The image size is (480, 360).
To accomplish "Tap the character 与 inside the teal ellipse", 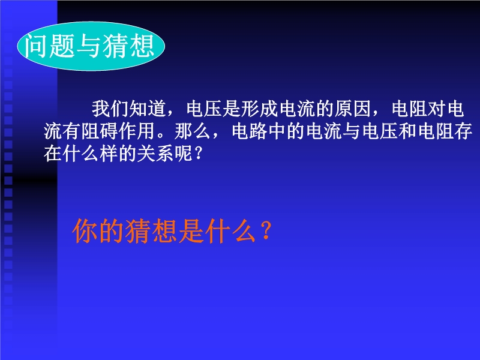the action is click(x=89, y=46).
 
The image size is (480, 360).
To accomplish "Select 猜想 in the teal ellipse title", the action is click(x=128, y=46).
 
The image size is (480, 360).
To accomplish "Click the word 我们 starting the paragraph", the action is click(x=110, y=109).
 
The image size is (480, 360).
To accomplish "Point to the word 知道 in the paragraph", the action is click(x=148, y=109).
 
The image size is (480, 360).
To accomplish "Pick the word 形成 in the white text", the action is click(x=260, y=109).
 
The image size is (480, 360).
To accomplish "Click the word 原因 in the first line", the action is click(x=353, y=109).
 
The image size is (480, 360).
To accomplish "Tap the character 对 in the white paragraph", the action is click(x=437, y=109).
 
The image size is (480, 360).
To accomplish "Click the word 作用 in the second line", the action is click(x=137, y=131).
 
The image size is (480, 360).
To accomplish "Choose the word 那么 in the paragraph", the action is click(x=193, y=131).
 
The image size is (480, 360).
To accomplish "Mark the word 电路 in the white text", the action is click(x=250, y=131).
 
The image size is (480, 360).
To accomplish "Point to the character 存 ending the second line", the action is click(x=463, y=131).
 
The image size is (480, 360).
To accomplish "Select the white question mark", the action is click(x=199, y=154).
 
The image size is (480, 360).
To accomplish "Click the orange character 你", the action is click(x=85, y=231).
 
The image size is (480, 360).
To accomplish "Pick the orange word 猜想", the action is click(x=152, y=231).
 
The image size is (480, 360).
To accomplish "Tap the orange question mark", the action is click(x=266, y=230).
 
